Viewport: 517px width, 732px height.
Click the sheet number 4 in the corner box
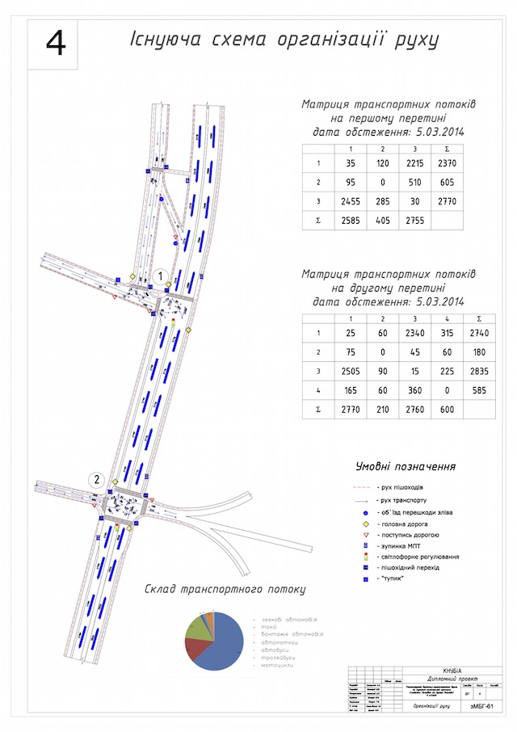[56, 44]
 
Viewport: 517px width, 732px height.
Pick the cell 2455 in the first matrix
[350, 200]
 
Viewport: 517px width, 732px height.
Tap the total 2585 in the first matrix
[350, 220]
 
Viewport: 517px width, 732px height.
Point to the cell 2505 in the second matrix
[350, 372]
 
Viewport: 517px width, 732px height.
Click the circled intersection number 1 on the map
[161, 276]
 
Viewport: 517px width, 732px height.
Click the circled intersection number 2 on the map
[97, 478]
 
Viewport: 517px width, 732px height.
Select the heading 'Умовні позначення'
[405, 466]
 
